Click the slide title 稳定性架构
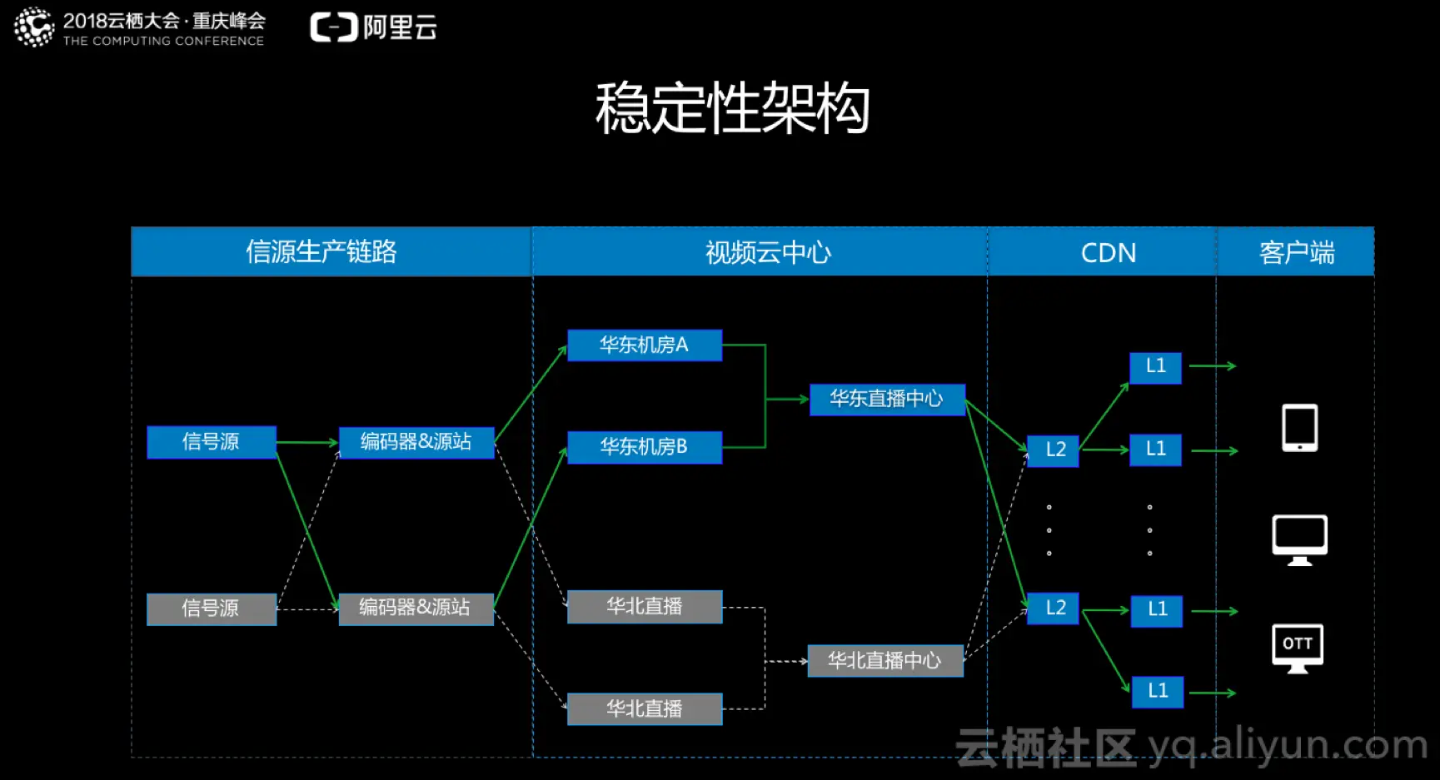tap(732, 108)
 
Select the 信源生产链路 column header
tap(321, 251)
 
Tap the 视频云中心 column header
tap(768, 251)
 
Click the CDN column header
tap(1108, 252)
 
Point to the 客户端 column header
tap(1297, 252)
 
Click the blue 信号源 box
tap(211, 442)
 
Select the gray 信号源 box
tap(211, 609)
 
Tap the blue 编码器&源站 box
tap(416, 442)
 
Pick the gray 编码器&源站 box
tap(415, 609)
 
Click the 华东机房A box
tap(644, 345)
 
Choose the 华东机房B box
tap(644, 447)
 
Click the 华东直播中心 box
tap(886, 399)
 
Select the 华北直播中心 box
tap(884, 661)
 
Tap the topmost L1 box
tap(1155, 366)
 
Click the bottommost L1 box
tap(1158, 691)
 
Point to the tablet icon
tap(1299, 428)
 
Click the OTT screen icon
tap(1298, 648)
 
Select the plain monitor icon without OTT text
tap(1299, 539)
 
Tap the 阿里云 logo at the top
tap(374, 27)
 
